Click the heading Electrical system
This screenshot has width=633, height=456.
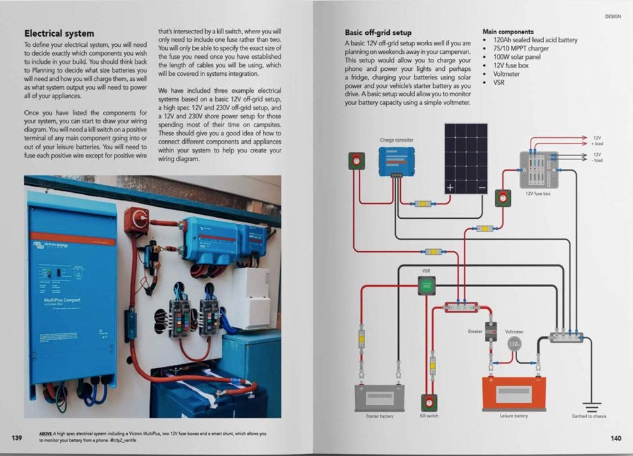tap(59, 34)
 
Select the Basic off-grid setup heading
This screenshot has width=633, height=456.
tap(378, 32)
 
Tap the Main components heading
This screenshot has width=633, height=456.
tap(508, 31)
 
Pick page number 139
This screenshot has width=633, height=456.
tap(16, 438)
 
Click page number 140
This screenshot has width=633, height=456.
tap(616, 438)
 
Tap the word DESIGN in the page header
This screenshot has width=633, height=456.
tap(613, 16)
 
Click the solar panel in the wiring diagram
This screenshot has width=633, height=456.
tap(465, 158)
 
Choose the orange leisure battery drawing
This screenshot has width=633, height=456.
tap(513, 393)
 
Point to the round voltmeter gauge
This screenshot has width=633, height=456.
tap(515, 343)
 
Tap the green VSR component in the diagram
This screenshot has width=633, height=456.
tap(426, 288)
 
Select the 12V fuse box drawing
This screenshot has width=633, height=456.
tap(539, 169)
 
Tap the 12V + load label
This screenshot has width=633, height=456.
tap(598, 140)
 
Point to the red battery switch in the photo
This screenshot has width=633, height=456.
tap(135, 219)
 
